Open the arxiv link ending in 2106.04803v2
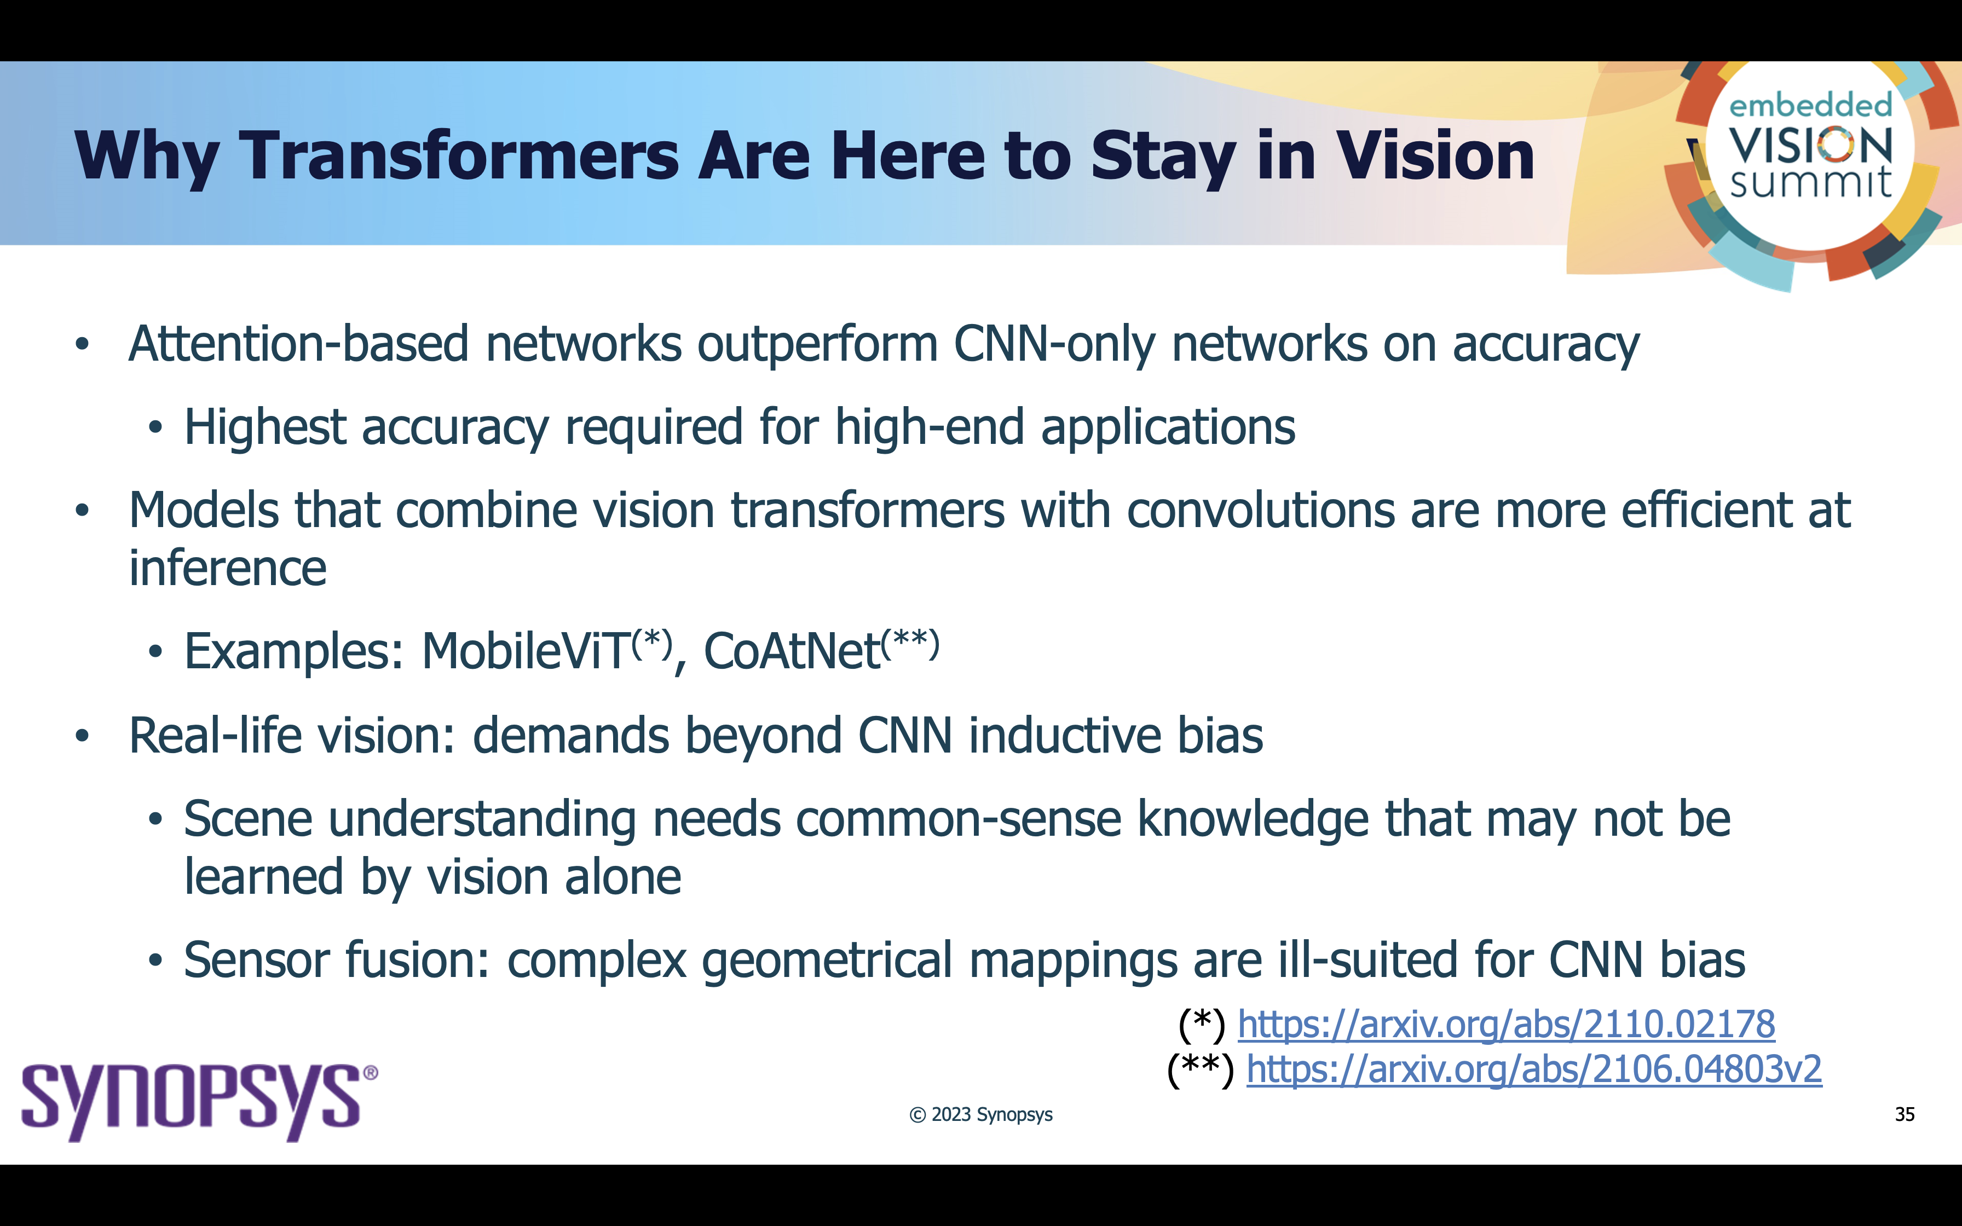1534,1069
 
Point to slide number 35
1905,1114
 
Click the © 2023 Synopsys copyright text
981,1115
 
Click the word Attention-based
298,344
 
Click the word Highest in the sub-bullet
265,428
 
